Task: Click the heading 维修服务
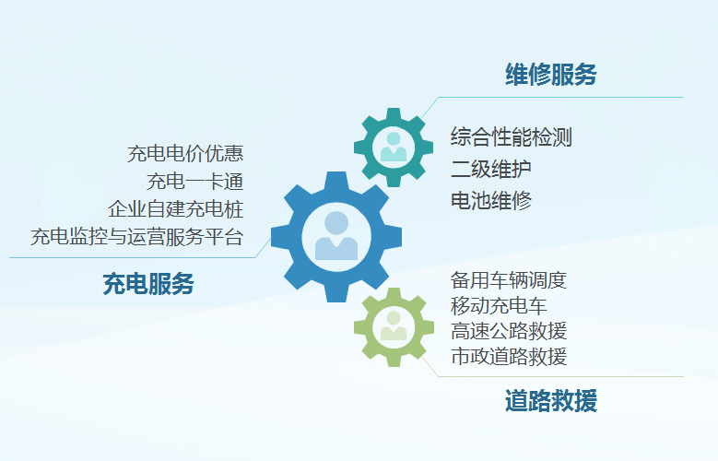(x=551, y=75)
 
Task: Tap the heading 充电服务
(x=148, y=283)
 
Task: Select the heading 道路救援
(x=551, y=400)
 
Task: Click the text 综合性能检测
(x=511, y=137)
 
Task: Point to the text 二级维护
(x=491, y=169)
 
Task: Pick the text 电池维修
(x=491, y=201)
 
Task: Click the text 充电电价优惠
(x=185, y=154)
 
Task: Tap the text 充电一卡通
(x=194, y=182)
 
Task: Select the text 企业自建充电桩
(x=175, y=209)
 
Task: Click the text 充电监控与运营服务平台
(x=136, y=237)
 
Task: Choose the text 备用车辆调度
(x=508, y=280)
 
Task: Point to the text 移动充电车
(x=499, y=306)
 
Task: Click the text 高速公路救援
(x=508, y=331)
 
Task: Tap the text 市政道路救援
(x=508, y=357)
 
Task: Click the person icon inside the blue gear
(x=336, y=235)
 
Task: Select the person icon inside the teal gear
(x=394, y=147)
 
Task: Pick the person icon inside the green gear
(x=394, y=325)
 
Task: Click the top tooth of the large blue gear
(x=336, y=180)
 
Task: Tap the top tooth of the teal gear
(x=394, y=113)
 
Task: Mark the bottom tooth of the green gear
(x=394, y=361)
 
